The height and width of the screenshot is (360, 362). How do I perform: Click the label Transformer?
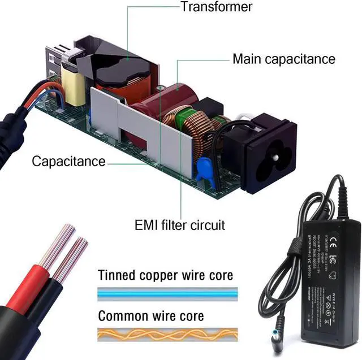(x=216, y=7)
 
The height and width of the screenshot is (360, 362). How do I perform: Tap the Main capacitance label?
(x=284, y=59)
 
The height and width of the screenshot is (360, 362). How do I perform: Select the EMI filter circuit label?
(x=179, y=225)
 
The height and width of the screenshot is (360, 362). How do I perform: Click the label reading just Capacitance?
(x=68, y=162)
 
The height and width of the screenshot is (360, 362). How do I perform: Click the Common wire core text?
(x=151, y=315)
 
